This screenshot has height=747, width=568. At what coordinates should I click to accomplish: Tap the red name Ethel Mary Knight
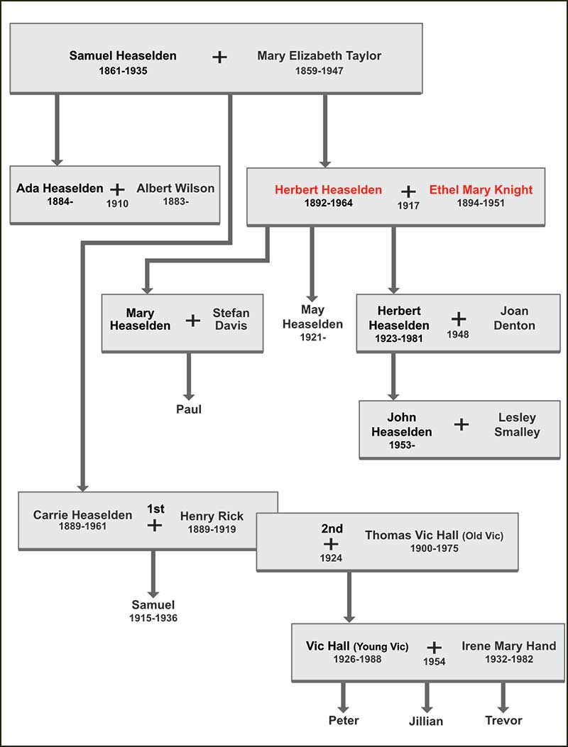[x=481, y=189]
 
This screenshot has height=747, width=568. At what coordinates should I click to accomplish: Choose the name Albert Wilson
[x=175, y=188]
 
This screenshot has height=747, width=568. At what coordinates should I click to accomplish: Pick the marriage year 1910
[x=118, y=204]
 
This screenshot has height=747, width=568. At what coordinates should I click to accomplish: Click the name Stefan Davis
[x=231, y=319]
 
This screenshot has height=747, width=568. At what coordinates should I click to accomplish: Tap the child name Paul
[x=189, y=409]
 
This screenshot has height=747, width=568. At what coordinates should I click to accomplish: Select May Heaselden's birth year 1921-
[x=312, y=337]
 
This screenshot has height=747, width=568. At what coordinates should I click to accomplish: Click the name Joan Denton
[x=514, y=318]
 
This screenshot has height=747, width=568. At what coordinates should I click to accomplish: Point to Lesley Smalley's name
[x=518, y=424]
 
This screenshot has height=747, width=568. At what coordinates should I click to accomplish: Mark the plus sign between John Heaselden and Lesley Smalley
[x=461, y=424]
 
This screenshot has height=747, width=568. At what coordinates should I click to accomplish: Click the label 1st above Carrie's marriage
[x=155, y=509]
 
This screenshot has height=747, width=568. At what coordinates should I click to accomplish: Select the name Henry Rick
[x=212, y=516]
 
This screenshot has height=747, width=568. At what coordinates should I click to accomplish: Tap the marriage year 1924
[x=331, y=558]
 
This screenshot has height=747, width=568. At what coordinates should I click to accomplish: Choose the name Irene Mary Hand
[x=508, y=646]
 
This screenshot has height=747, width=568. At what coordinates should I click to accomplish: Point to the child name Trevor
[x=503, y=720]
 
